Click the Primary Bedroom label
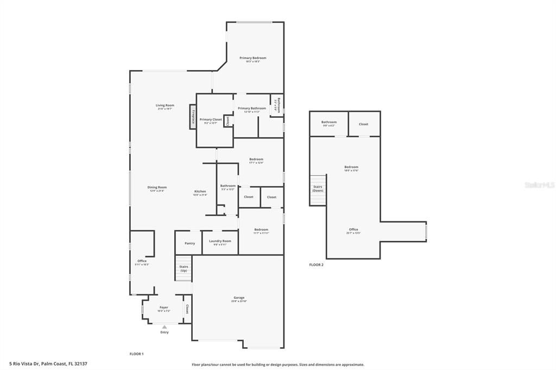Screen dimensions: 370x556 tap(253, 58)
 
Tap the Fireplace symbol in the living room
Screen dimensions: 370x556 tap(193, 117)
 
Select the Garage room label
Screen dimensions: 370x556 tap(239, 297)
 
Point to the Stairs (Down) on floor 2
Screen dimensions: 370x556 tap(318, 189)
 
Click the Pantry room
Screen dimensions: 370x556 tap(189, 243)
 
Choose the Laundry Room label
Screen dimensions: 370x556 tap(220, 241)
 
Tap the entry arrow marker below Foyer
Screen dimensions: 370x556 tap(165, 327)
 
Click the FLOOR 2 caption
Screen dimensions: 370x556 tap(316, 265)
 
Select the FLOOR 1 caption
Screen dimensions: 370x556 tap(136, 354)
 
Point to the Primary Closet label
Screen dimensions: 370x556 tap(211, 119)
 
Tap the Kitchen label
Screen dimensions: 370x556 tap(200, 192)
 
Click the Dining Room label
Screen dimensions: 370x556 tap(157, 187)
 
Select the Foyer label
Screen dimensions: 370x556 tap(163, 308)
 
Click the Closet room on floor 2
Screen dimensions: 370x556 tap(364, 124)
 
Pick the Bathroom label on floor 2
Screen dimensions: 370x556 tap(329, 122)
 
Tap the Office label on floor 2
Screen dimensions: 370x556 tap(353, 229)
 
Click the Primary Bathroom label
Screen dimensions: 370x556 tap(252, 109)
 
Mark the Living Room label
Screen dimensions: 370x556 tap(165, 105)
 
